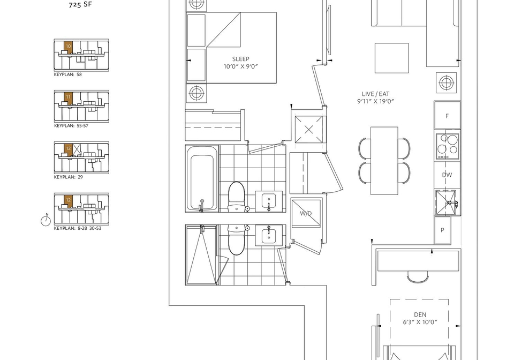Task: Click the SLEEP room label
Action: [x=240, y=59]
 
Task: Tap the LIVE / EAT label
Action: [x=375, y=94]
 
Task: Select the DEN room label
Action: [x=420, y=315]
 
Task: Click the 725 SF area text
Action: [x=80, y=5]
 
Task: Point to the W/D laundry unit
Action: [x=306, y=213]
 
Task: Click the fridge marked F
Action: [x=447, y=115]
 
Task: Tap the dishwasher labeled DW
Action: [x=447, y=175]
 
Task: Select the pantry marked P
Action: [x=443, y=230]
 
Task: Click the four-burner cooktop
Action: [x=447, y=147]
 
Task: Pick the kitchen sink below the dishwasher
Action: [x=446, y=202]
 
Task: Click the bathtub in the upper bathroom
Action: [x=202, y=178]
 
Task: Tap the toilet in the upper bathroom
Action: [x=237, y=196]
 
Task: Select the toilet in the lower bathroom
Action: [x=237, y=240]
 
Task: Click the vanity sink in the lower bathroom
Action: [x=269, y=235]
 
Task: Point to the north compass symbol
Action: [x=46, y=220]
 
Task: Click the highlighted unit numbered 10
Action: [x=68, y=48]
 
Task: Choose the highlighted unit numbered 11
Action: [x=68, y=98]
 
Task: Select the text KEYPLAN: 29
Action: [x=68, y=177]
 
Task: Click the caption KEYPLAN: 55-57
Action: [x=71, y=125]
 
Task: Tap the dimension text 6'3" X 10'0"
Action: [x=420, y=322]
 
